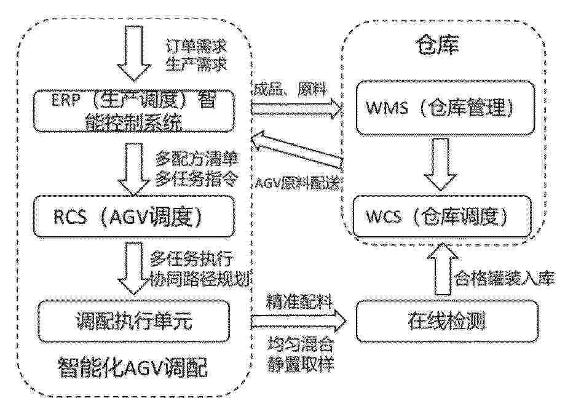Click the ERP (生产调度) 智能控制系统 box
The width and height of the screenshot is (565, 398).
133,111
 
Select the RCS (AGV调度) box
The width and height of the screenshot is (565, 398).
133,217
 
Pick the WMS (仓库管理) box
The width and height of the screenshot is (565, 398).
445,108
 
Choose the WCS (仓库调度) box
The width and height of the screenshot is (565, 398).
442,217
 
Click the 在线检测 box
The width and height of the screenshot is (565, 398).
447,321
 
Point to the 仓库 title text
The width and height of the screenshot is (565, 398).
438,46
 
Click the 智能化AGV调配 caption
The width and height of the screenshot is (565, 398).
133,367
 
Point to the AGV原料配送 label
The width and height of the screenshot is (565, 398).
298,183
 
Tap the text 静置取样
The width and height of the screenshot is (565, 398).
301,364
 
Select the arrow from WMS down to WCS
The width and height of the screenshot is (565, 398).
440,164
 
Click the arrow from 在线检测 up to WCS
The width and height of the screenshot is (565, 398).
443,269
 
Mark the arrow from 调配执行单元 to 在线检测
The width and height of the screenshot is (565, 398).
298,321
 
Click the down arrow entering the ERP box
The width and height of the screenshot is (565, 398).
133,54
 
